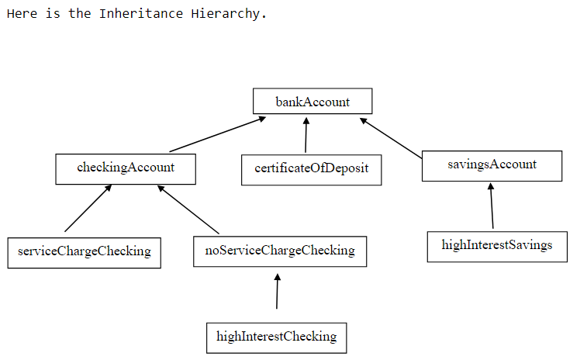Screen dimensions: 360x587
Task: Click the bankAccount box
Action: coord(312,102)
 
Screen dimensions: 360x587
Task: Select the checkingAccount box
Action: coord(126,168)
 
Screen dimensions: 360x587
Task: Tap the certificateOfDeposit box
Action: coord(311,169)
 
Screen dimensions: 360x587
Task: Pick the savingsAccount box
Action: coord(492,165)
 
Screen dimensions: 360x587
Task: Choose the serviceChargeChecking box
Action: coord(84,252)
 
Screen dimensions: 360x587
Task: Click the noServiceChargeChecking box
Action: coord(279,251)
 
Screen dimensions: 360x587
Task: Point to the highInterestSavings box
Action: coord(496,246)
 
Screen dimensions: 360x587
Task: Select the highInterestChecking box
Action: coord(276,337)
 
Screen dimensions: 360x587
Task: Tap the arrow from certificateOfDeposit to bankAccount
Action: coord(306,136)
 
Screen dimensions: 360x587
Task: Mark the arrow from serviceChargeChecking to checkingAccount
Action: coord(88,209)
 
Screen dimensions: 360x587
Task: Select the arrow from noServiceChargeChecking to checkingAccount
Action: coord(188,209)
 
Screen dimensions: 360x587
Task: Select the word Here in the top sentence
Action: coord(21,14)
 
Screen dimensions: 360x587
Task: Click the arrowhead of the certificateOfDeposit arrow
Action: coord(306,121)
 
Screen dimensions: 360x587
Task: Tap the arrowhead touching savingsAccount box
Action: coord(491,187)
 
